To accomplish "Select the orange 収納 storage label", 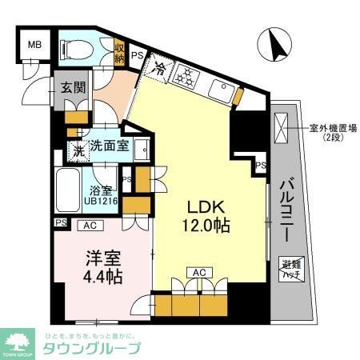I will click(119, 53).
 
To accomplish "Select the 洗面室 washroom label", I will click(108, 146).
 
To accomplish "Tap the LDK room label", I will click(208, 206).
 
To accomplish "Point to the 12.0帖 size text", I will click(208, 226).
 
